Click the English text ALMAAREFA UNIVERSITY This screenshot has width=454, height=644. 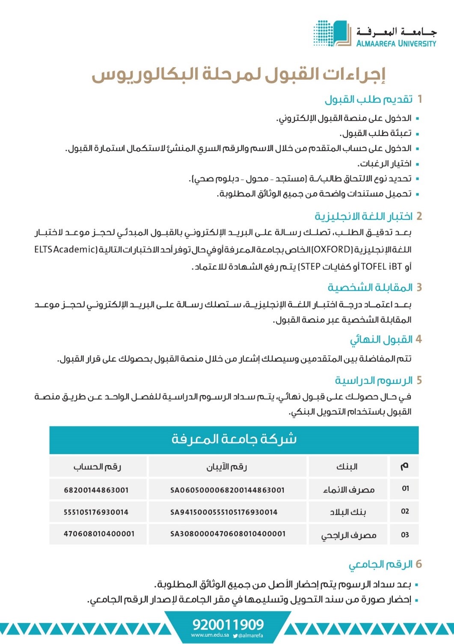396,43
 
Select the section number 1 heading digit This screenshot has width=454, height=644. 420,99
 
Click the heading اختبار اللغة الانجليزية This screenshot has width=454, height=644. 364,216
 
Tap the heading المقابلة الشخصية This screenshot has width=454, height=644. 370,287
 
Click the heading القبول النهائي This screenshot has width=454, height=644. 381,340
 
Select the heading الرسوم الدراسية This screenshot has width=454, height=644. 374,380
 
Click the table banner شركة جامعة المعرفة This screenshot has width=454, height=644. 234,439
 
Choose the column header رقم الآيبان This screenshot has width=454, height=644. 227,467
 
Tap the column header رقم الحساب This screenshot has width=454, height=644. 98,467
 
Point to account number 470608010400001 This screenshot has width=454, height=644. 99,534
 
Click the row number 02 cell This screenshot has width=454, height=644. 405,512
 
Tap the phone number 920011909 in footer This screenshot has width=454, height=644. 228,624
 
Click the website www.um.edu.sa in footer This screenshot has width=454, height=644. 210,635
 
